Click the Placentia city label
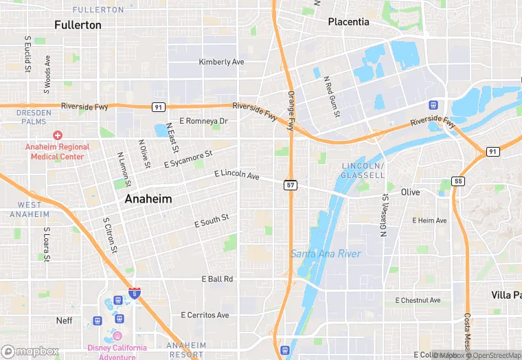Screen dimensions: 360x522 pyautogui.click(x=348, y=22)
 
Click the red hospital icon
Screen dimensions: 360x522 pyautogui.click(x=58, y=136)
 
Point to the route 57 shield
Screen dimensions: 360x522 pyautogui.click(x=291, y=185)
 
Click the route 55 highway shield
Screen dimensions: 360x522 pyautogui.click(x=457, y=181)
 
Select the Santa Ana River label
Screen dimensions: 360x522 pyautogui.click(x=326, y=254)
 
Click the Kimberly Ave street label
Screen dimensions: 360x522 pyautogui.click(x=221, y=62)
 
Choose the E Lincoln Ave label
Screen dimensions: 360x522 pyautogui.click(x=237, y=175)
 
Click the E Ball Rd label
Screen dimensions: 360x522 pyautogui.click(x=217, y=279)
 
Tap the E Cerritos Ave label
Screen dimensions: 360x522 pyautogui.click(x=205, y=315)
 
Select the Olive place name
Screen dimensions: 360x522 pyautogui.click(x=410, y=192)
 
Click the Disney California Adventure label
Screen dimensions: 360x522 pyautogui.click(x=117, y=352)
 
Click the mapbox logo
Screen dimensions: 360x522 pyautogui.click(x=30, y=351)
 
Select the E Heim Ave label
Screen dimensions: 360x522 pyautogui.click(x=429, y=221)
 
